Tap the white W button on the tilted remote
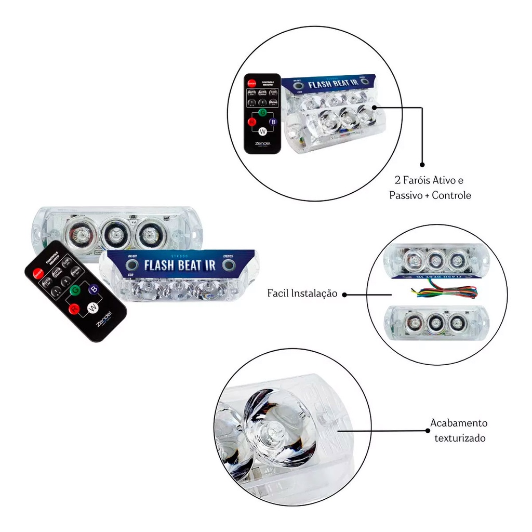coord(92,308)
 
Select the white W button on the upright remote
coord(262,131)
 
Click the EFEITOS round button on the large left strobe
coord(228,265)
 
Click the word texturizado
coord(460,438)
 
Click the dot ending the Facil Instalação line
coord(344,295)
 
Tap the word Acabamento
coord(459,423)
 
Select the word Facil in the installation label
coord(280,294)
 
